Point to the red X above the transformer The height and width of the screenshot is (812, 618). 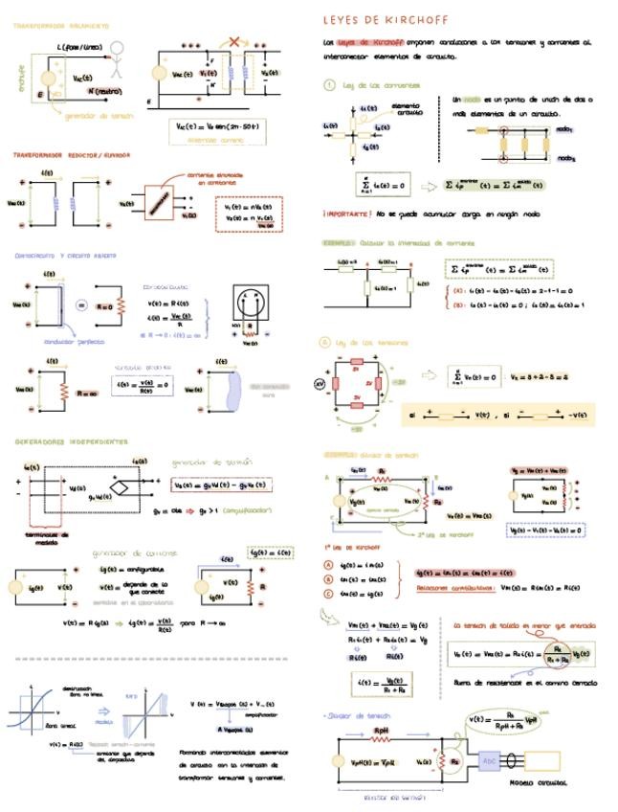(234, 44)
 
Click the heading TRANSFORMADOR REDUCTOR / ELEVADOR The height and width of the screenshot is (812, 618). (72, 154)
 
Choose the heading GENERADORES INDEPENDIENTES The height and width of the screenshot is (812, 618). (72, 442)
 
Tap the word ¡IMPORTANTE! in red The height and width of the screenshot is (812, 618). (345, 214)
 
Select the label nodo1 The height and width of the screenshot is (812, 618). (565, 128)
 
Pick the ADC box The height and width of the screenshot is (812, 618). (488, 759)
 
